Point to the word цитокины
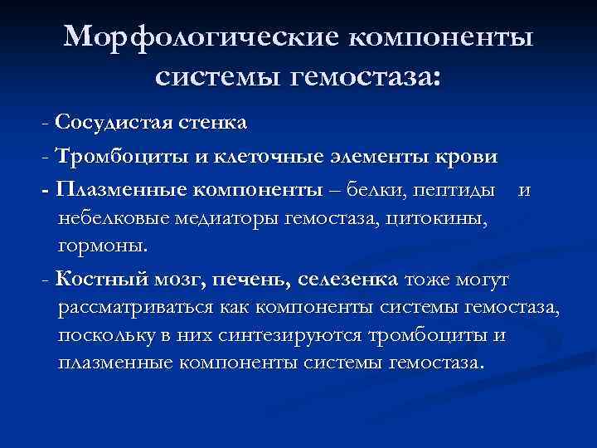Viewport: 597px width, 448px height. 448,219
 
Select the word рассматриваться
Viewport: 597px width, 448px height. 137,308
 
